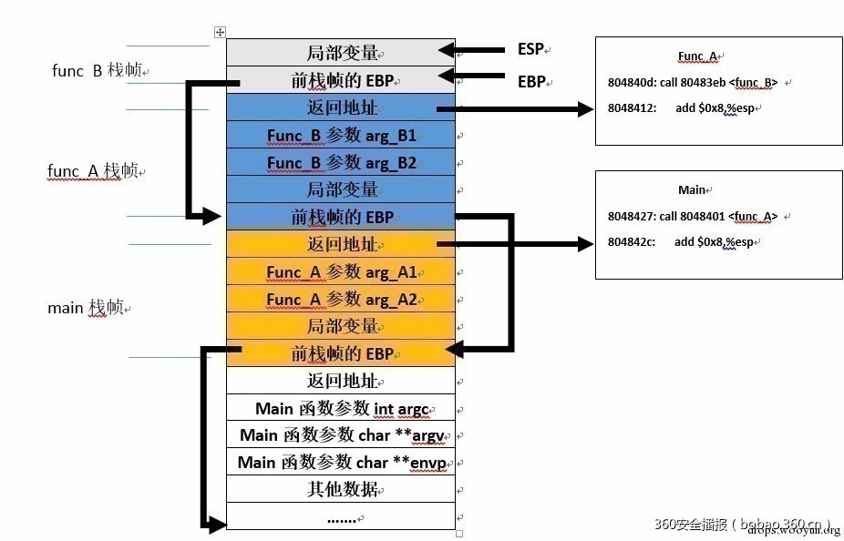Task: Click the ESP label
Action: tap(531, 49)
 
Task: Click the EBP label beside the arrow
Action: tap(531, 81)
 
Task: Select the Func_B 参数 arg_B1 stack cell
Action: tap(341, 135)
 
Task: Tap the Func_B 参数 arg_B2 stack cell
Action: tap(341, 162)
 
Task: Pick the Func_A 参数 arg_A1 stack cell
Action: tap(341, 271)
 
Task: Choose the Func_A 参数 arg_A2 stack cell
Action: tap(341, 299)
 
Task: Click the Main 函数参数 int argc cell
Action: tap(341, 408)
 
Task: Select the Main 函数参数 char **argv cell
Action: tap(341, 435)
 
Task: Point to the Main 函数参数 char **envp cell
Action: tap(341, 463)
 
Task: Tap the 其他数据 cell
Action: tap(341, 490)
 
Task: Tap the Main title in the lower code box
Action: tap(692, 189)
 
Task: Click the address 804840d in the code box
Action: tap(631, 83)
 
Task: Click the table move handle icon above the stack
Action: tap(220, 33)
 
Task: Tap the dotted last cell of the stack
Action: tap(341, 516)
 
